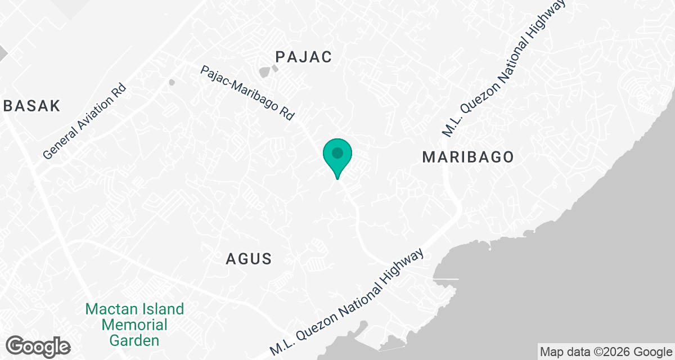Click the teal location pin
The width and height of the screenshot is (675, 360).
(x=337, y=157)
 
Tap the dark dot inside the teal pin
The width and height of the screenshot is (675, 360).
(x=337, y=152)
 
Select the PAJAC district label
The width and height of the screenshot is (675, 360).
(x=304, y=56)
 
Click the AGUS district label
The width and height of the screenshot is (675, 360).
(x=249, y=259)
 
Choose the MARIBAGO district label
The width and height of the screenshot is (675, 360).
(x=468, y=157)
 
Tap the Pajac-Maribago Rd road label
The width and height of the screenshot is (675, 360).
(x=247, y=93)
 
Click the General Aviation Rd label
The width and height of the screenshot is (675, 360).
(x=86, y=122)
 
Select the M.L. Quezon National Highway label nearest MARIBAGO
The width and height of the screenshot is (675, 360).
(x=503, y=69)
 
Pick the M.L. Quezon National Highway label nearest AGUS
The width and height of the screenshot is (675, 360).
(x=347, y=303)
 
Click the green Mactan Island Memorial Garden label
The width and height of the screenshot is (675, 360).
(x=134, y=325)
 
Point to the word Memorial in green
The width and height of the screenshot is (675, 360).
(x=134, y=325)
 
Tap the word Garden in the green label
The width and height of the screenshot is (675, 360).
(x=134, y=340)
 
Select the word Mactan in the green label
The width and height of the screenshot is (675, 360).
(x=111, y=309)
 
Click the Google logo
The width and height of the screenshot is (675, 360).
(x=38, y=345)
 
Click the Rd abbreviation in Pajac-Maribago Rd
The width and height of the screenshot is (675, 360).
(x=287, y=114)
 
